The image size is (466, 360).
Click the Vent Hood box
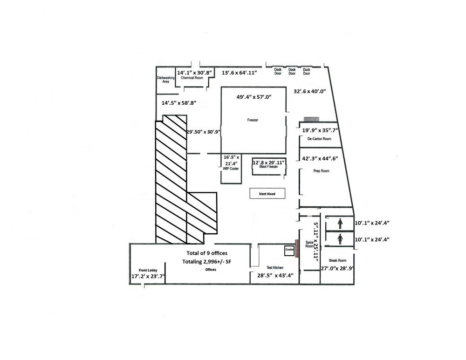pyautogui.click(x=267, y=194)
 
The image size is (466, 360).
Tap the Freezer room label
pyautogui.click(x=253, y=120)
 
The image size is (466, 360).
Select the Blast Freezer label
pyautogui.click(x=269, y=167)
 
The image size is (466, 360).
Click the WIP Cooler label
pyautogui.click(x=231, y=169)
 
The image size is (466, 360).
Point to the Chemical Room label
pyautogui.click(x=192, y=78)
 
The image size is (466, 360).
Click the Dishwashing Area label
pyautogui.click(x=166, y=80)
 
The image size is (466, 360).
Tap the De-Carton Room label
pyautogui.click(x=320, y=139)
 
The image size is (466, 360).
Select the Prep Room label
pyautogui.click(x=321, y=171)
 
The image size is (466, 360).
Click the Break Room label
pyautogui.click(x=337, y=260)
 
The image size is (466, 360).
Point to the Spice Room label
pyautogui.click(x=309, y=244)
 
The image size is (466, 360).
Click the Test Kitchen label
pyautogui.click(x=275, y=268)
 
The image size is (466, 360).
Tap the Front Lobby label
pyautogui.click(x=148, y=270)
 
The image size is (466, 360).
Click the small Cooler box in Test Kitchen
pyautogui.click(x=289, y=251)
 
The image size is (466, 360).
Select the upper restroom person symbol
pyautogui.click(x=340, y=224)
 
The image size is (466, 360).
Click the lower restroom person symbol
pyautogui.click(x=340, y=239)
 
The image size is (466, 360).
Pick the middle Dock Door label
pyautogui.click(x=292, y=71)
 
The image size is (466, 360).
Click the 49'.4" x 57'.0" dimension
pyautogui.click(x=254, y=97)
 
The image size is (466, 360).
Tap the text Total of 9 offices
pyautogui.click(x=207, y=253)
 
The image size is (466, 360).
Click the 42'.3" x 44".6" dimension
pyautogui.click(x=320, y=159)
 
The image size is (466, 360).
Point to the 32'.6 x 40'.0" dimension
pyautogui.click(x=310, y=91)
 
